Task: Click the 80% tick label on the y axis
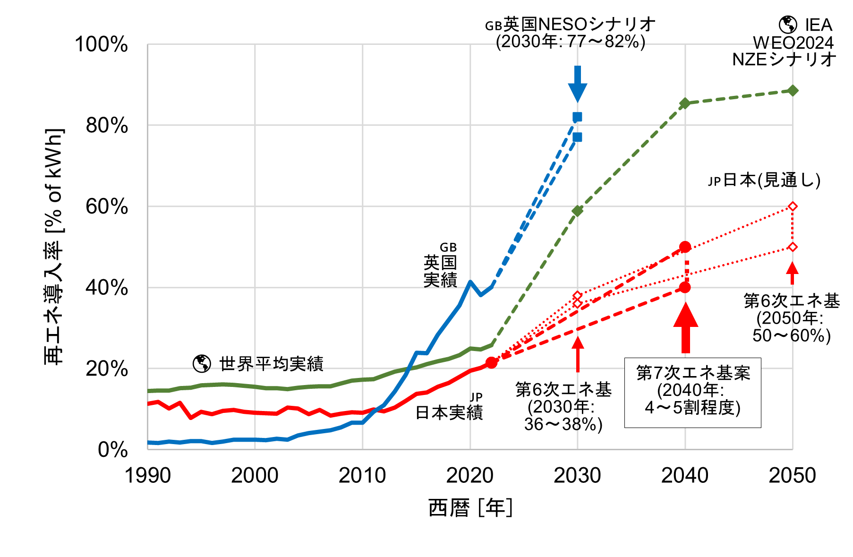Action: [107, 126]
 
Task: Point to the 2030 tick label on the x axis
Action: [577, 475]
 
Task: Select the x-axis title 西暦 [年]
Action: [470, 508]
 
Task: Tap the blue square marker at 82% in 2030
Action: [577, 117]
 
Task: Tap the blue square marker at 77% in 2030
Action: [577, 137]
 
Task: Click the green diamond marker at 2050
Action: [793, 91]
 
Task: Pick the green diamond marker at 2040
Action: [685, 103]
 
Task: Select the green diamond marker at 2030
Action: [577, 211]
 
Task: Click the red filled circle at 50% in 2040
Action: [685, 247]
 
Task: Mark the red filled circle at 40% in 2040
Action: [685, 287]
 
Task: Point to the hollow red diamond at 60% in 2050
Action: [793, 206]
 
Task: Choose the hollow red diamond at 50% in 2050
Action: [793, 247]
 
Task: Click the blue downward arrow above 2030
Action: [577, 84]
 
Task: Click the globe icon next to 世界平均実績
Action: [202, 363]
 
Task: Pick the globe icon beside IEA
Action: [787, 24]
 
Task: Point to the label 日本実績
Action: [449, 412]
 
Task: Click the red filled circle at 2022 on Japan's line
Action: [491, 362]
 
